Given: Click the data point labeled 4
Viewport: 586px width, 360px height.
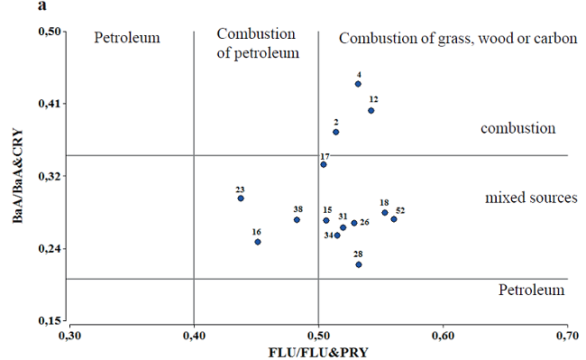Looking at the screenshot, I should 358,84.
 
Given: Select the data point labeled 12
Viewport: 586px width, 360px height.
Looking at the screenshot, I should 371,110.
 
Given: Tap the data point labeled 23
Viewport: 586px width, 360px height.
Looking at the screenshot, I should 241,198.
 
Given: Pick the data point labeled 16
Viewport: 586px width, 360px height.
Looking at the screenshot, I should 258,241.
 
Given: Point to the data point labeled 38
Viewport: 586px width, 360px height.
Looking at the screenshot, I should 297,219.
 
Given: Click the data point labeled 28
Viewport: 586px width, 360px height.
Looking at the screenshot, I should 358,263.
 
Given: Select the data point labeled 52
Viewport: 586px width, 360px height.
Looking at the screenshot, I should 394,219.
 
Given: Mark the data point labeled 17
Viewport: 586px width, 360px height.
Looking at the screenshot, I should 323,164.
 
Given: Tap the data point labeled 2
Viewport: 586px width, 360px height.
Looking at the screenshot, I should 335,132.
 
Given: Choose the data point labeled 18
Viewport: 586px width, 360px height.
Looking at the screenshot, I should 385,213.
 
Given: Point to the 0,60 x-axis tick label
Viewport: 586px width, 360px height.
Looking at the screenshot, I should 443,337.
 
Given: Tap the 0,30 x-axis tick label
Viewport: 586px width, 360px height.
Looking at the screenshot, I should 70,337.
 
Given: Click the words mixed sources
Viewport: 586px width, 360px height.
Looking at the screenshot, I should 525,198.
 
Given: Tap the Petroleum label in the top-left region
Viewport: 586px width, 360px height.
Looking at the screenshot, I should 127,39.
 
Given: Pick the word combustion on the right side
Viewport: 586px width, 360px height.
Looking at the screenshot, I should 517,129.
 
